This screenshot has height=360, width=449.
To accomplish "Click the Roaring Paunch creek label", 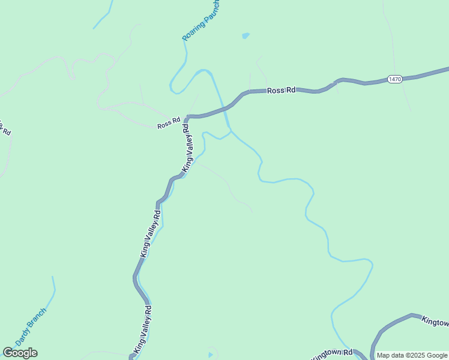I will coord(201,28).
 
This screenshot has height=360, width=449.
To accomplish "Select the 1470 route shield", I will coord(394,79).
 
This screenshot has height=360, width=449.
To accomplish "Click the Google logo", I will coord(20,353).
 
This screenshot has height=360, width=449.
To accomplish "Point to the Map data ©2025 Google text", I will coord(412,355).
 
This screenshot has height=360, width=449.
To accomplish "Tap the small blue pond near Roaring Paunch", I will coord(245,36).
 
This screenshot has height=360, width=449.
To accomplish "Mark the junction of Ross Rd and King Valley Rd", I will coord(188,116).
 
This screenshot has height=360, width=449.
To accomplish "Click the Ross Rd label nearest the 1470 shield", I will coord(282,90).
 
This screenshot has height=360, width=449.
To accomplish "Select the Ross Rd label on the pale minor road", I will coord(169,124).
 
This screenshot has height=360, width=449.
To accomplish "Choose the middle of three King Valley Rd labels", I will coord(151,233).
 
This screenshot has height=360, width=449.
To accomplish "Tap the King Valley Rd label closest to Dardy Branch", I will coord(143,329).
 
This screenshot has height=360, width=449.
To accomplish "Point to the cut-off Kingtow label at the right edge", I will coord(435,322).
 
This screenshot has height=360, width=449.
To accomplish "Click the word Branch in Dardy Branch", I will coord(38,319).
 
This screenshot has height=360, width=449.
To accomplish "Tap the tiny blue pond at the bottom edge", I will coord(210,355).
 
